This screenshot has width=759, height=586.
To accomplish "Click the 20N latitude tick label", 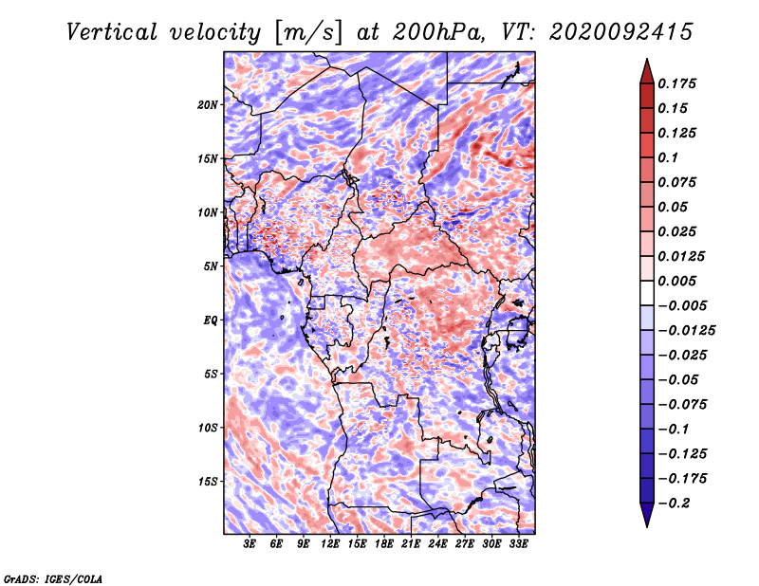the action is [x=208, y=105].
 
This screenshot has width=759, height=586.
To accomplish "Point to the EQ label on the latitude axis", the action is [x=211, y=320].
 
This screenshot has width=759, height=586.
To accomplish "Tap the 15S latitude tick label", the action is [x=208, y=482].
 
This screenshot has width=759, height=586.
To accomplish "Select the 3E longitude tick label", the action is [x=250, y=544].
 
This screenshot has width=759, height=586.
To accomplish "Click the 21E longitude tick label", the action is [x=411, y=544].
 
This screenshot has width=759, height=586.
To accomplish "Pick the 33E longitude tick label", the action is [x=518, y=544].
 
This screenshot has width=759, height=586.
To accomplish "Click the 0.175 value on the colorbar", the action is [x=676, y=83].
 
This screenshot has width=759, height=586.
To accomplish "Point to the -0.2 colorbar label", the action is [x=674, y=504].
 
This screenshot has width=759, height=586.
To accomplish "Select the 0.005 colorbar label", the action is [x=676, y=281].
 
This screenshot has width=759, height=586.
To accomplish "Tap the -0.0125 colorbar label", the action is [x=686, y=331].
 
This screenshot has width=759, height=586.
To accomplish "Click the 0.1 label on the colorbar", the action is [x=668, y=157].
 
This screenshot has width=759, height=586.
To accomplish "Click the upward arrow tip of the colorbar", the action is [x=647, y=60].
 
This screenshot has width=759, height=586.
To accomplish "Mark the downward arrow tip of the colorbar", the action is [x=647, y=526].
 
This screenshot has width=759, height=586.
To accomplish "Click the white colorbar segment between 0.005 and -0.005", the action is [x=647, y=293].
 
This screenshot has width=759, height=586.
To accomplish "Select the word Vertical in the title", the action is [x=112, y=32].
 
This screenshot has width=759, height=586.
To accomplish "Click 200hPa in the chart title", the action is [x=438, y=32].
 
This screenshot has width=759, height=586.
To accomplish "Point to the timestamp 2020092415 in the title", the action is [x=621, y=32].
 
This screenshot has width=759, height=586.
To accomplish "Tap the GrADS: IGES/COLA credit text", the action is [x=53, y=579].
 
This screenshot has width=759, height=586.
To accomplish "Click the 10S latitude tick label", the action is [x=208, y=428].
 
